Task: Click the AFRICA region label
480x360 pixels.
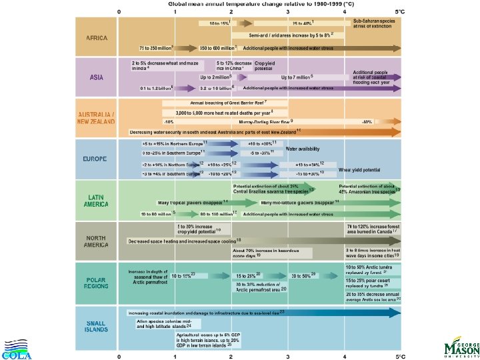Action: tap(97, 37)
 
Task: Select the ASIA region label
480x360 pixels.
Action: tap(97, 77)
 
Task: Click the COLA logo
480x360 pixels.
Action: tap(17, 349)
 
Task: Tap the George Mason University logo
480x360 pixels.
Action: tap(460, 348)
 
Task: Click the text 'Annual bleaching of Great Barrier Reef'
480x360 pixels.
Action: tap(228, 103)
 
